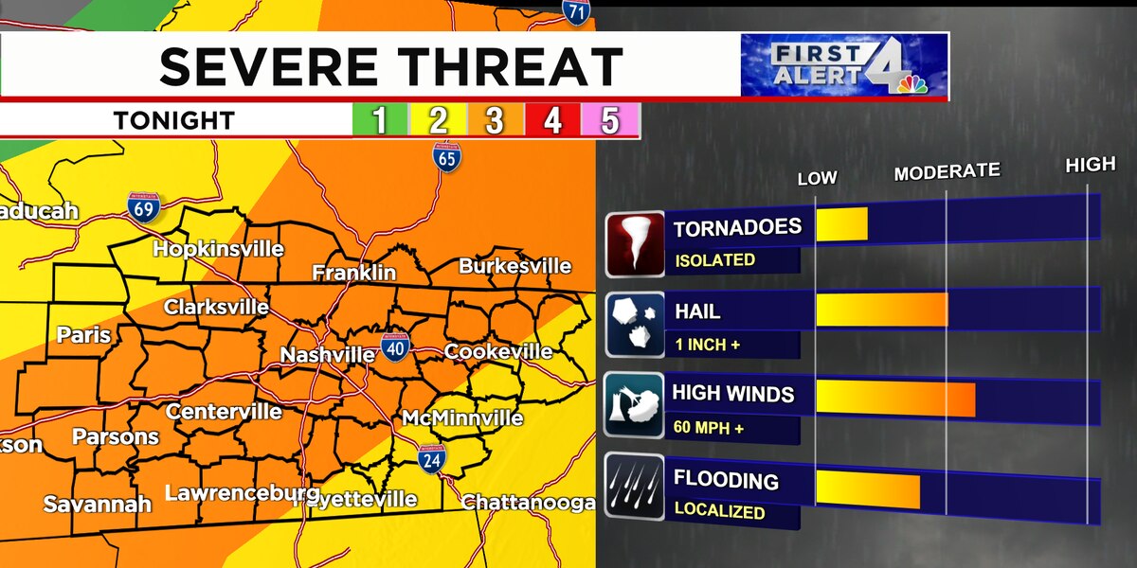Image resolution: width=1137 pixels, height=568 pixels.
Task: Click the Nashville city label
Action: click(x=328, y=355)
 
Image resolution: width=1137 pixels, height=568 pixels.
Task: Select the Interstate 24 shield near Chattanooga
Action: click(x=432, y=458)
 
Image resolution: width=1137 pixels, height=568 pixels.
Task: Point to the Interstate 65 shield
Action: click(x=447, y=156)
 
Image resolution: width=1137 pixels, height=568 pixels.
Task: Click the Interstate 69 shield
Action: click(x=143, y=206)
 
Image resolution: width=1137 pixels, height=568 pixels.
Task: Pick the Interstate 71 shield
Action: click(x=576, y=11)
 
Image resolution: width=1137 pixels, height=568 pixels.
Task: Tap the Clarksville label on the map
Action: click(x=216, y=308)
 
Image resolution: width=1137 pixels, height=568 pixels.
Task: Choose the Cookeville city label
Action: click(x=498, y=351)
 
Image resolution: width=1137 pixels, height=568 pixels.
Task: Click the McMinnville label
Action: click(x=462, y=417)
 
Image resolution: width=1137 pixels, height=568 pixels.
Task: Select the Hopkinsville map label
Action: click(x=218, y=249)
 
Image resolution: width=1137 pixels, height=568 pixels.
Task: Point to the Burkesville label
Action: click(x=515, y=266)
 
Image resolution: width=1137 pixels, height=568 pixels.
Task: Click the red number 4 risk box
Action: click(x=552, y=121)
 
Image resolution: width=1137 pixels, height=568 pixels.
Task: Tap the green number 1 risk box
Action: click(x=380, y=121)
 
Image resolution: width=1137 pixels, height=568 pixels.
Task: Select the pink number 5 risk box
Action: click(x=610, y=121)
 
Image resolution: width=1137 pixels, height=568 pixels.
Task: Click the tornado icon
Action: click(x=635, y=242)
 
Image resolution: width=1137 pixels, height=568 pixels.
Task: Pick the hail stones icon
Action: click(x=635, y=324)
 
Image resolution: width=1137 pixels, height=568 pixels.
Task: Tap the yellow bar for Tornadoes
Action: click(x=841, y=224)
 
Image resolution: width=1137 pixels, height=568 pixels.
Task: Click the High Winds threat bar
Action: click(x=894, y=398)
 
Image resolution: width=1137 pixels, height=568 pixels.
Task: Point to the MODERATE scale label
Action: click(x=947, y=171)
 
